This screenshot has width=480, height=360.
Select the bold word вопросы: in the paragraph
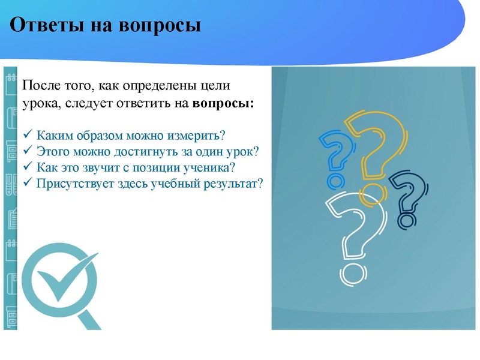pos(223,103)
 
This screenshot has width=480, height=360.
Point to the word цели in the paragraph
pos(215,86)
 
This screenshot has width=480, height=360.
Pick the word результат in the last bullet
pos(233,183)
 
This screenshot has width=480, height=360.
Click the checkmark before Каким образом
pos(26,133)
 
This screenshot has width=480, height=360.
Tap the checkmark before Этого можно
pos(26,150)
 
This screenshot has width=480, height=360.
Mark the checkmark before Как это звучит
pos(26,166)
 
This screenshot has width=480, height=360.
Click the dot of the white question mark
pos(351,275)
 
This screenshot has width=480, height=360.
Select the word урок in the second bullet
pos(242,150)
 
